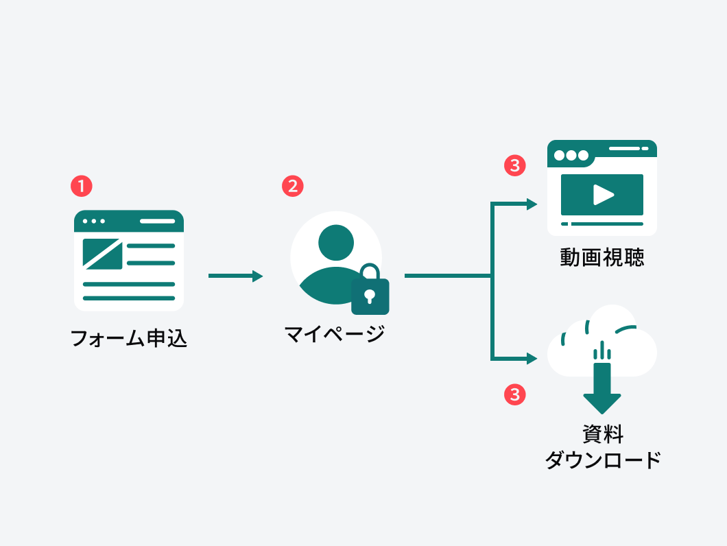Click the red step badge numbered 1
[x=81, y=186]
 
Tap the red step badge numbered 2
[x=293, y=186]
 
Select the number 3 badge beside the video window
[x=515, y=165]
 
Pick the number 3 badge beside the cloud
[x=515, y=394]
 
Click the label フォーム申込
[x=129, y=339]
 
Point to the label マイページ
[x=335, y=335]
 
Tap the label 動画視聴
[x=602, y=258]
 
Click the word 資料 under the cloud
[x=602, y=434]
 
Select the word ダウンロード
[x=602, y=460]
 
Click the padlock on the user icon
[x=370, y=292]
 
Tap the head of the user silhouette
[x=336, y=242]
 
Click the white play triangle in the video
[x=603, y=195]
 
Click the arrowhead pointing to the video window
[x=532, y=204]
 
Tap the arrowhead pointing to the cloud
[x=532, y=358]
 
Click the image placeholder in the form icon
[x=102, y=253]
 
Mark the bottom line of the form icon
[x=129, y=298]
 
